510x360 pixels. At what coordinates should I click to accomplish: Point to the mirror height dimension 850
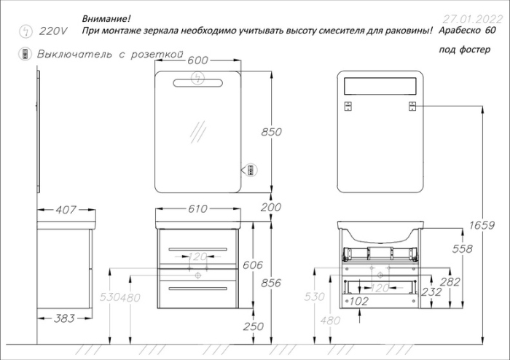(270, 132)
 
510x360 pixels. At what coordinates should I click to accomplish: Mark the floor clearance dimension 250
(252, 326)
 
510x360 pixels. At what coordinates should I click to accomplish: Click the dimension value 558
(462, 249)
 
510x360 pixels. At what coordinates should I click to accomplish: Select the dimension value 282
(471, 281)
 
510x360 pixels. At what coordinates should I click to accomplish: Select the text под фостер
(465, 50)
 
